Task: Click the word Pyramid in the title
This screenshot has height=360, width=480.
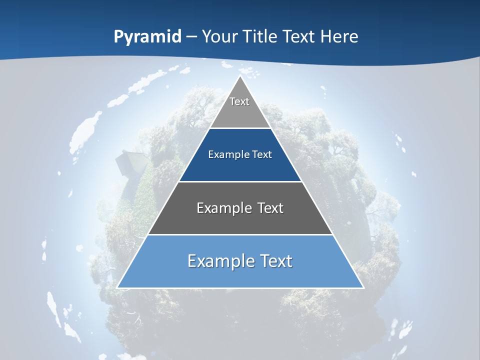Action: click(x=147, y=37)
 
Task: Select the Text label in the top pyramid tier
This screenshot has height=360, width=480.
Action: click(x=239, y=101)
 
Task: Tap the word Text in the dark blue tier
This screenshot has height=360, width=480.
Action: click(x=262, y=155)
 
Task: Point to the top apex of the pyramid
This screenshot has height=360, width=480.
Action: click(x=240, y=76)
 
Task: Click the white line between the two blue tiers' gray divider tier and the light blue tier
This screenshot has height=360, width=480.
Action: click(x=240, y=234)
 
